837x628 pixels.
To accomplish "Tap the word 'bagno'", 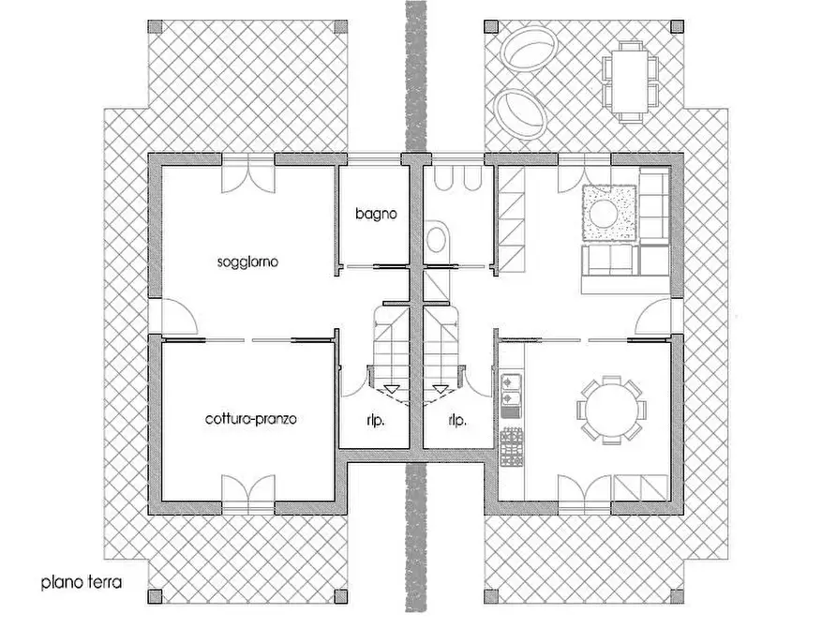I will pyautogui.click(x=375, y=214).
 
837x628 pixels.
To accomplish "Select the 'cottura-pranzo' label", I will pyautogui.click(x=250, y=419).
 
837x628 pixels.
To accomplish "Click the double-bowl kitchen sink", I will pyautogui.click(x=511, y=395).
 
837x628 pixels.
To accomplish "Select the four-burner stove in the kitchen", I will pyautogui.click(x=511, y=446).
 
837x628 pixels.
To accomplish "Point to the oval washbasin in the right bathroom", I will pyautogui.click(x=436, y=242).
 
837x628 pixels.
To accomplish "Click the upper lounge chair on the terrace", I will pyautogui.click(x=528, y=49).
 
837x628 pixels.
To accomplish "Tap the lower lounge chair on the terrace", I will pyautogui.click(x=520, y=111).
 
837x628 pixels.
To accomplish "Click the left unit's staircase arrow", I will pyautogui.click(x=391, y=387).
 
